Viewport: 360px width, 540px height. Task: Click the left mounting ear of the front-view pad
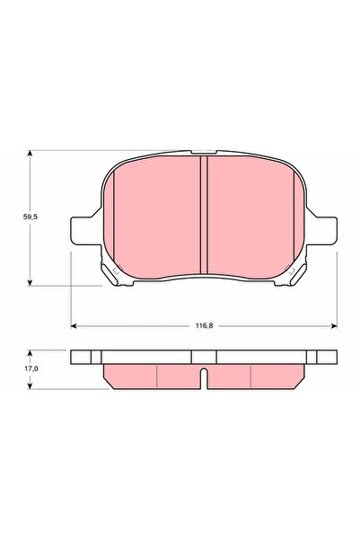pyautogui.click(x=79, y=229)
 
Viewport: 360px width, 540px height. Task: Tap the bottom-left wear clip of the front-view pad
pyautogui.click(x=112, y=270)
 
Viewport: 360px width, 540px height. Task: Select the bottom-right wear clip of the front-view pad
pyautogui.click(x=294, y=270)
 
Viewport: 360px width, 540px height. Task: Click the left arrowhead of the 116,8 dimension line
pyautogui.click(x=75, y=323)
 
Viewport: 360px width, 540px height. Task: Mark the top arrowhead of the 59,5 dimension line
pyautogui.click(x=32, y=155)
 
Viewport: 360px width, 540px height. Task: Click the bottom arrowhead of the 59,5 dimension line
pyautogui.click(x=32, y=281)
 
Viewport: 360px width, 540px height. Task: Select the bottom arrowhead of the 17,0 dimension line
pyautogui.click(x=32, y=387)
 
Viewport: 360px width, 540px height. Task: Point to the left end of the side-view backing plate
pyautogui.click(x=75, y=357)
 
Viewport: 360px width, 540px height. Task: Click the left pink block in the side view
pyautogui.click(x=131, y=376)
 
